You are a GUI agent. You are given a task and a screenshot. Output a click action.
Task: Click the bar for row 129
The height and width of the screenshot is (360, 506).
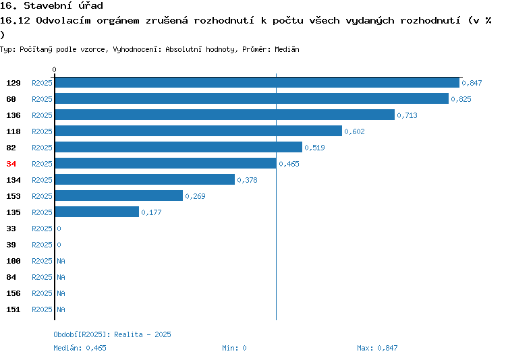tap(257, 82)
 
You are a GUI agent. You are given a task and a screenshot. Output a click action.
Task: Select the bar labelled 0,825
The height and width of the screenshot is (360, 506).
tap(252, 98)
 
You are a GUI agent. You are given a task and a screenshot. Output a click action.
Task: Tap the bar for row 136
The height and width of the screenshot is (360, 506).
tap(225, 115)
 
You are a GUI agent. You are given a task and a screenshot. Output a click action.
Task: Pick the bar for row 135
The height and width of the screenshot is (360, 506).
tap(97, 212)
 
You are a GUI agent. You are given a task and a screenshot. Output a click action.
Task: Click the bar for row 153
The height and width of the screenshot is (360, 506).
tap(119, 196)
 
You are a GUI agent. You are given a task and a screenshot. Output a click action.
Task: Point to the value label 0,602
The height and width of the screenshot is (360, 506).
tap(354, 131)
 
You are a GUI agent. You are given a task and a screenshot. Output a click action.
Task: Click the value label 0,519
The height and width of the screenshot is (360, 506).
tap(314, 148)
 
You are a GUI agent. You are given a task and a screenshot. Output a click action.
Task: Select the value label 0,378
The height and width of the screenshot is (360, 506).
tap(247, 180)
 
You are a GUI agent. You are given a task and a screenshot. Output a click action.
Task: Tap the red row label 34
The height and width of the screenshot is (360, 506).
tap(11, 164)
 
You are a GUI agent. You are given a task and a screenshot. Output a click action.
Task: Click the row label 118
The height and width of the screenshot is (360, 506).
tap(13, 131)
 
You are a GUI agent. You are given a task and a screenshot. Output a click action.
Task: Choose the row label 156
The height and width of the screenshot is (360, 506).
tap(13, 293)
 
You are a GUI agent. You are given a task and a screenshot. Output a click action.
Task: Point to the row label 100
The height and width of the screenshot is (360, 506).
tap(13, 261)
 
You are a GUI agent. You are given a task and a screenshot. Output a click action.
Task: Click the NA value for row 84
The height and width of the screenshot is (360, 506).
tap(61, 277)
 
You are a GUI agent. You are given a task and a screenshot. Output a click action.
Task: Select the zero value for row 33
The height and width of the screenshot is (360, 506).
tap(59, 229)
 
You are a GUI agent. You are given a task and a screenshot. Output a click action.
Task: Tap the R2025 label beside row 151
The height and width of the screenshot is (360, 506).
tap(42, 309)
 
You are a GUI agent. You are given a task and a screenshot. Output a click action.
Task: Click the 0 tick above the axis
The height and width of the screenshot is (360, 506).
tap(54, 69)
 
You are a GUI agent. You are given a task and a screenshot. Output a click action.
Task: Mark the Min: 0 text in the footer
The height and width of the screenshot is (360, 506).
tap(234, 348)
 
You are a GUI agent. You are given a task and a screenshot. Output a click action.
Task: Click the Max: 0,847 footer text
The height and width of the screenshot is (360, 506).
tap(377, 348)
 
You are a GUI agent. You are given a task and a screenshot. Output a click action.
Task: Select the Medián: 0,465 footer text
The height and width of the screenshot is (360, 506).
tap(80, 348)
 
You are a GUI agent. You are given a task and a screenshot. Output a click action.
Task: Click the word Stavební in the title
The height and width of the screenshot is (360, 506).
tap(48, 5)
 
